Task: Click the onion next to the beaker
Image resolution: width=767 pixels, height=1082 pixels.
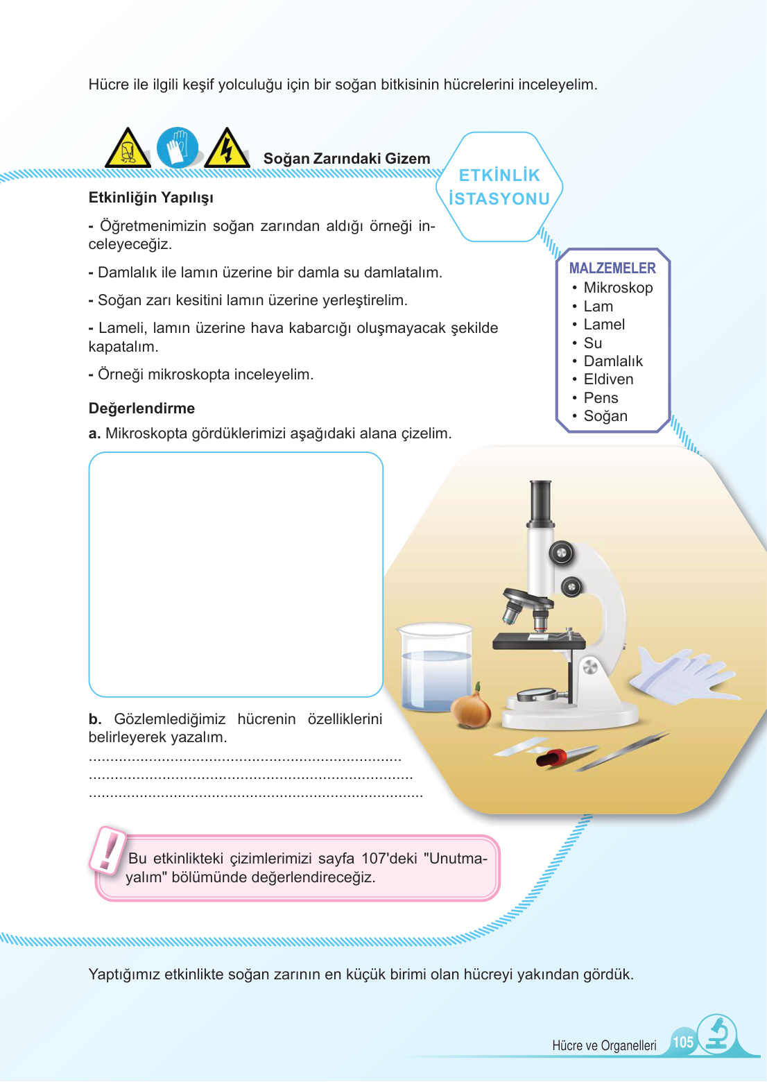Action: click(471, 708)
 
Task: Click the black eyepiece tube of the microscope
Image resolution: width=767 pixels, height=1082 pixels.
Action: click(540, 503)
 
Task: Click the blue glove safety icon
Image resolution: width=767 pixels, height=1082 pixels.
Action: click(177, 148)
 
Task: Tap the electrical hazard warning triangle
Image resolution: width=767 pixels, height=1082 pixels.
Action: click(227, 148)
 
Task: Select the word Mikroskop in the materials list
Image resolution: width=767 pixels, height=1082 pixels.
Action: click(618, 288)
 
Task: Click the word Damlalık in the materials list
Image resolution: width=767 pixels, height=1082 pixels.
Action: click(613, 361)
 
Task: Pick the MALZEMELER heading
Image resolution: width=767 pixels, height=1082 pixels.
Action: click(612, 268)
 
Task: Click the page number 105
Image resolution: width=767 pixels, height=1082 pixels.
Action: click(683, 1042)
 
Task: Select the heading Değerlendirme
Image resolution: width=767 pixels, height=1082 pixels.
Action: click(141, 409)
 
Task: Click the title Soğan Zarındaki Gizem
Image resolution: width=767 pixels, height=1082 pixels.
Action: click(347, 159)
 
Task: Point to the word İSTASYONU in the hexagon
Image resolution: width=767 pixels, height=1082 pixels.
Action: click(499, 199)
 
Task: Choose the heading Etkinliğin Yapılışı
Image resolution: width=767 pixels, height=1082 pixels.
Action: click(150, 198)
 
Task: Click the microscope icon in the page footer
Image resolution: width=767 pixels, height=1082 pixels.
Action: click(718, 1035)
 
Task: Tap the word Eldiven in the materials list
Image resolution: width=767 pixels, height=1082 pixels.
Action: click(608, 379)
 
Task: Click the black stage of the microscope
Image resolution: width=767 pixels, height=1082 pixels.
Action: click(538, 642)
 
